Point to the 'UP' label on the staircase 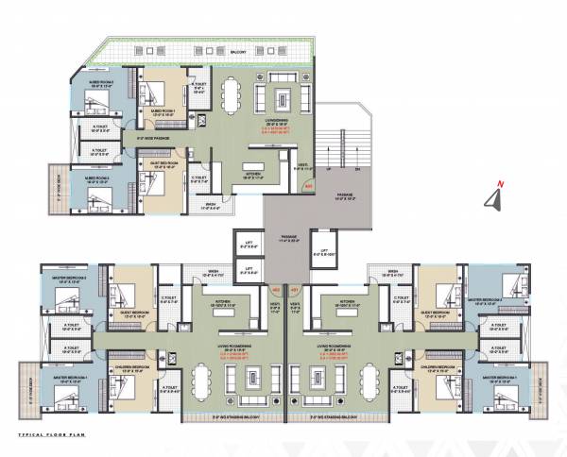pos(328,170)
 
